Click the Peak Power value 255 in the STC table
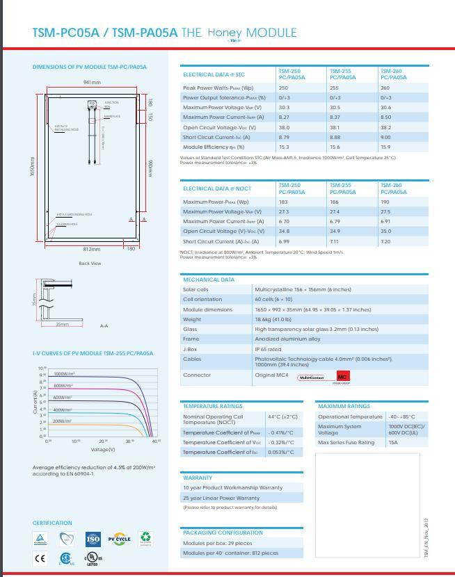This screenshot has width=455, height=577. click(x=334, y=88)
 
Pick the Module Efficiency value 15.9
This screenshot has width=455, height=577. click(x=385, y=147)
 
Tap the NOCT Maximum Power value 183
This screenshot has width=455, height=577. click(x=283, y=202)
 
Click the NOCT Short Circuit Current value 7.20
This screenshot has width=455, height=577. click(x=385, y=241)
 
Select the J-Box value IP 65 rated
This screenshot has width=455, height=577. click(x=268, y=349)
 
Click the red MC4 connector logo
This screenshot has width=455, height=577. click(x=343, y=377)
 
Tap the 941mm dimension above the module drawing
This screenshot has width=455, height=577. click(x=93, y=83)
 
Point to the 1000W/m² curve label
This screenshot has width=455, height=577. click(x=64, y=374)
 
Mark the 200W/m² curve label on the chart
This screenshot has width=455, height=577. click(x=63, y=421)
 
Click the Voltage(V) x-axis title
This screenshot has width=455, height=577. click(x=103, y=450)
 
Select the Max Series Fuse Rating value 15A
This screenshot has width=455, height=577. click(x=393, y=442)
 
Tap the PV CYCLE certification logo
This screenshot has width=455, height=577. click(x=119, y=539)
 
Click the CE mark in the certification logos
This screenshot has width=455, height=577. click(x=40, y=558)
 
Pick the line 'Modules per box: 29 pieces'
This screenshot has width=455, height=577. click(x=217, y=543)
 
